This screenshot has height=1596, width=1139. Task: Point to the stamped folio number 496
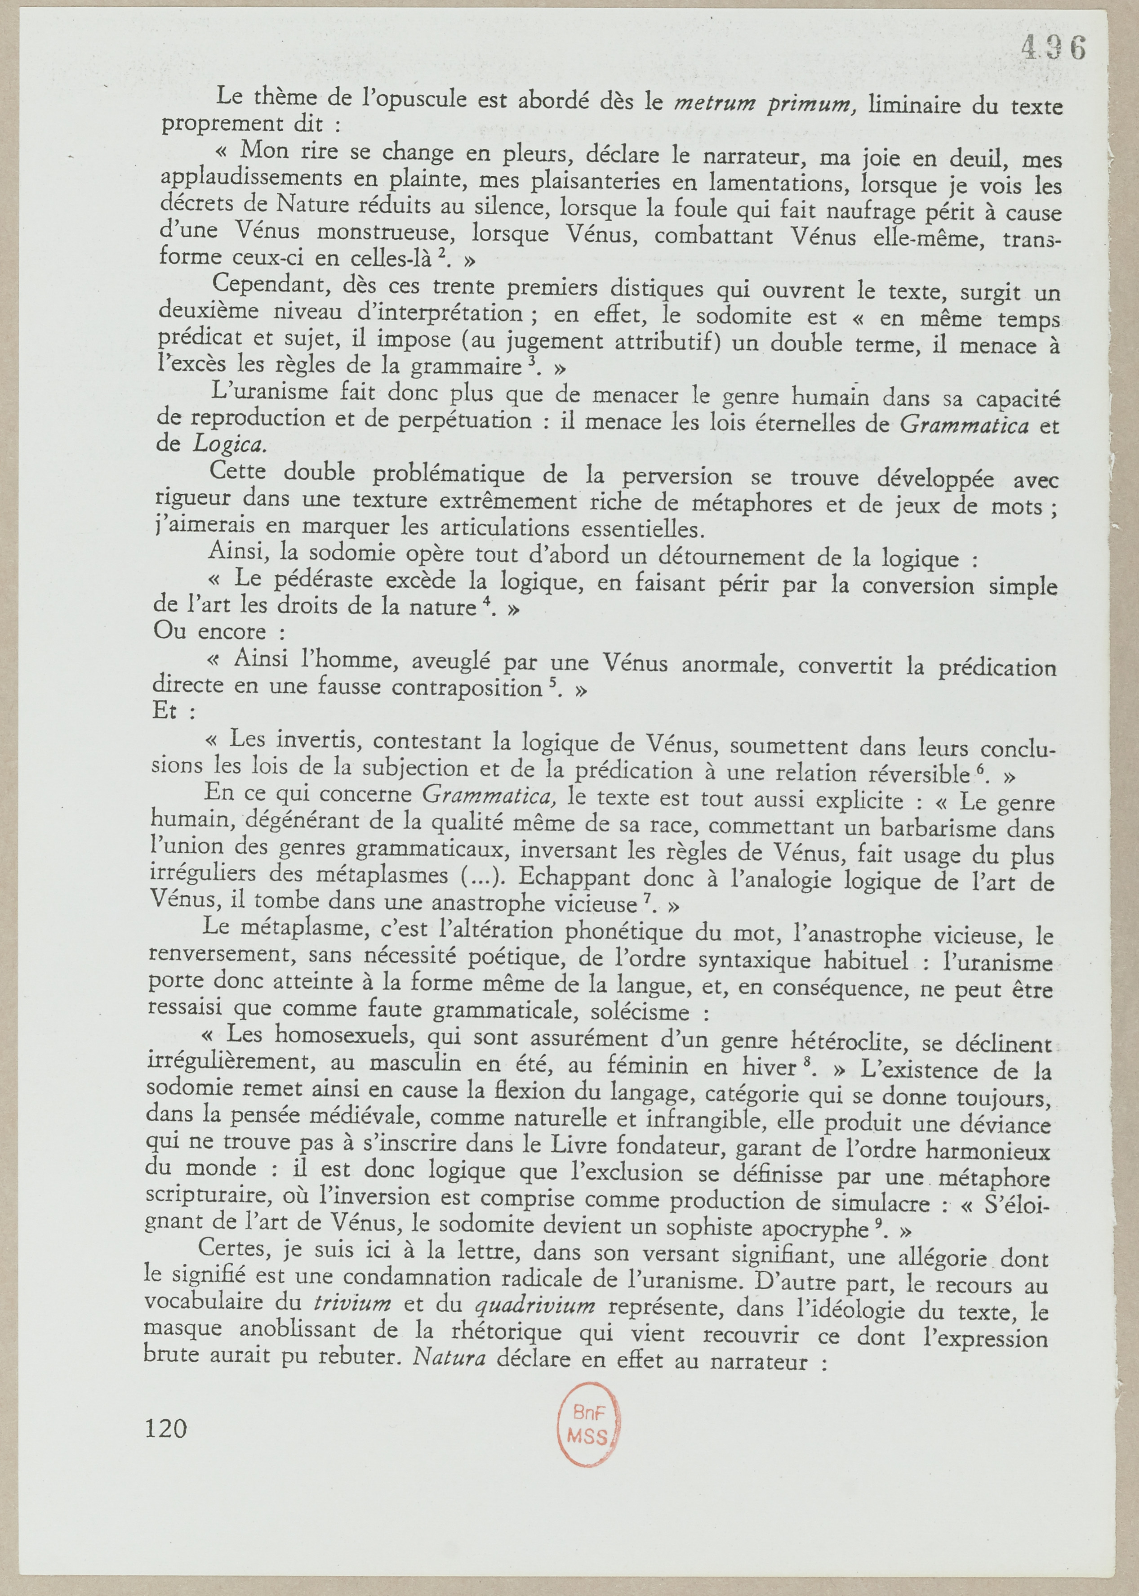[x=1053, y=48]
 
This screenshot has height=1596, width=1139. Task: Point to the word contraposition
[x=467, y=688]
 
